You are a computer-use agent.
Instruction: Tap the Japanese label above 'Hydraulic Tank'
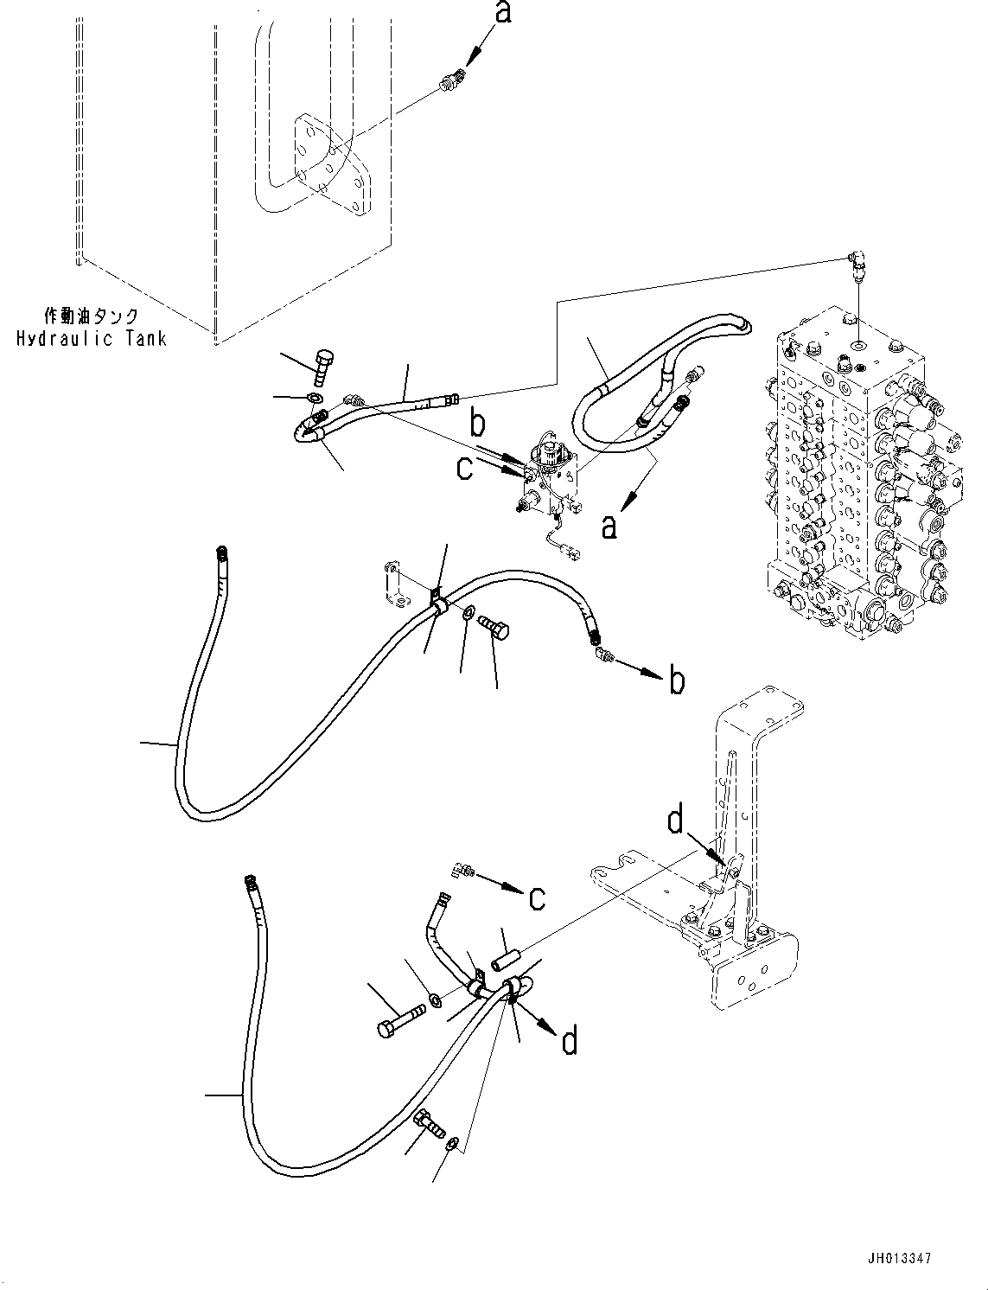point(92,316)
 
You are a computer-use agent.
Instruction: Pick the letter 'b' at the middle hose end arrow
point(677,680)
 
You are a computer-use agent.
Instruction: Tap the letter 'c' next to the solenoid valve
point(465,468)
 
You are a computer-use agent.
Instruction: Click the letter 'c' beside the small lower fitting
point(536,897)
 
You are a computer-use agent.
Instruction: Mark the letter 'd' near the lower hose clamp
point(569,1041)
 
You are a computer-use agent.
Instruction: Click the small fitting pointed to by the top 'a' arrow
point(450,83)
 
